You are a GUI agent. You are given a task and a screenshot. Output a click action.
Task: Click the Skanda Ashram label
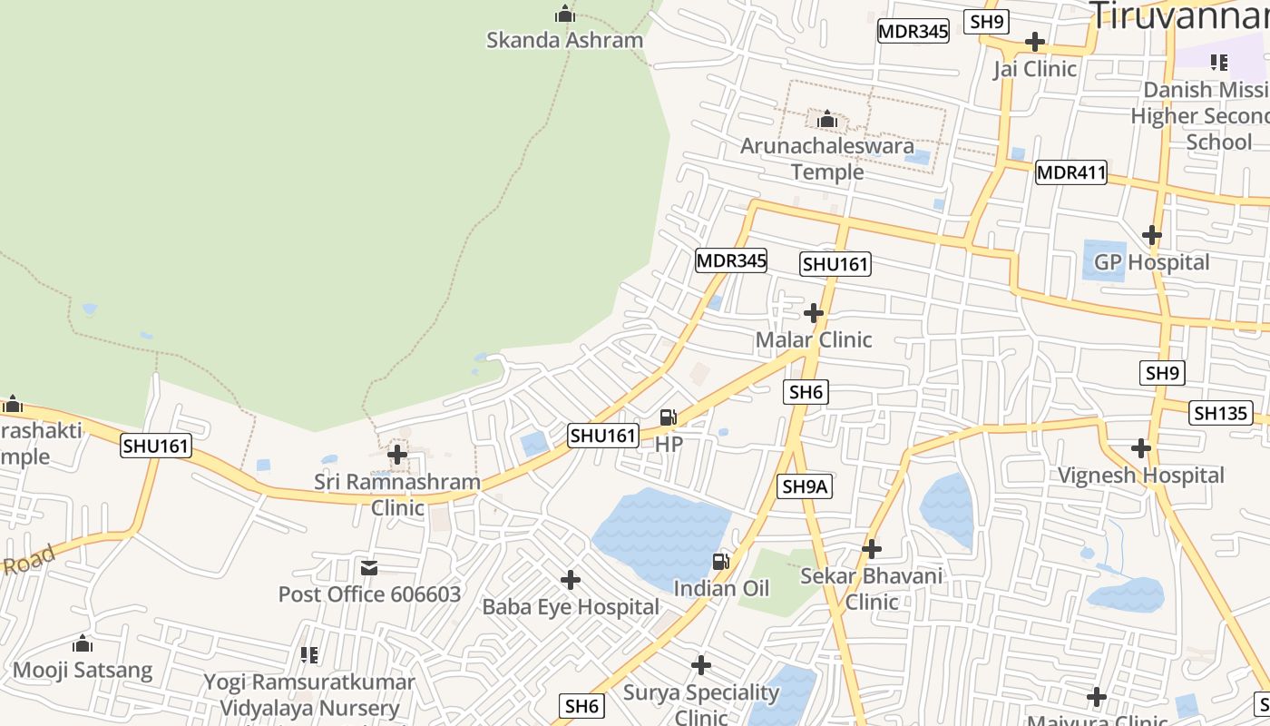pyautogui.click(x=564, y=40)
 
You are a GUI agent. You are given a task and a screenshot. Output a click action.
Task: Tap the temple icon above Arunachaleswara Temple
pyautogui.click(x=826, y=119)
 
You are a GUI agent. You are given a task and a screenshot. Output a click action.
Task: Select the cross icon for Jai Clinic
pyautogui.click(x=1034, y=42)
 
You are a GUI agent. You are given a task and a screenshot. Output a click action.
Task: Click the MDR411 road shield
pyautogui.click(x=1071, y=172)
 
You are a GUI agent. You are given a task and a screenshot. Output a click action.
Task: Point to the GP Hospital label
pyautogui.click(x=1151, y=262)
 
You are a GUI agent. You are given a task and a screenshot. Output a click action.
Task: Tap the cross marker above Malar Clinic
pyautogui.click(x=814, y=313)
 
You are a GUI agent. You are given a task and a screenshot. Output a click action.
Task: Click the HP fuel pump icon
pyautogui.click(x=669, y=417)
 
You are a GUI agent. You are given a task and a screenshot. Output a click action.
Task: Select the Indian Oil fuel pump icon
pyautogui.click(x=721, y=562)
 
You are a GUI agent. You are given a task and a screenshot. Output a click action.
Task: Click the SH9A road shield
pyautogui.click(x=805, y=486)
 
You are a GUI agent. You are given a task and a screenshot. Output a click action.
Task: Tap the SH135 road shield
pyautogui.click(x=1220, y=413)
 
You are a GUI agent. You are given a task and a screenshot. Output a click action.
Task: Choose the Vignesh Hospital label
pyautogui.click(x=1141, y=476)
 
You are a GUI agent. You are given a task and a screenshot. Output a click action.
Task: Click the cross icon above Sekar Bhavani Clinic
pyautogui.click(x=871, y=549)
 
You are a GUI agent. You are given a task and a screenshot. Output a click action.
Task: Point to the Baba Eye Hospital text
pyautogui.click(x=571, y=607)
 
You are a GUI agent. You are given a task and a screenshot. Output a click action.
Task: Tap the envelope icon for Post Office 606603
pyautogui.click(x=369, y=568)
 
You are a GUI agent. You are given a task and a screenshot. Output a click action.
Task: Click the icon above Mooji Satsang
pyautogui.click(x=83, y=644)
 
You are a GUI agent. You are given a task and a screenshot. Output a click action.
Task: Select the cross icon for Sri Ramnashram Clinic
pyautogui.click(x=397, y=454)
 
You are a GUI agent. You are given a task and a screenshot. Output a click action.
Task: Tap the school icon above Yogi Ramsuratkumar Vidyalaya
pyautogui.click(x=308, y=654)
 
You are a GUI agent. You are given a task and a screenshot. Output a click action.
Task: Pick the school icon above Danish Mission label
pyautogui.click(x=1218, y=63)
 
